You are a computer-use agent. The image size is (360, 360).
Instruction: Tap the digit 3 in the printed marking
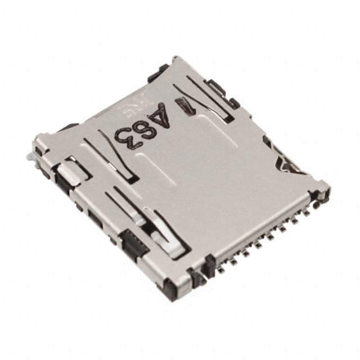(125, 136)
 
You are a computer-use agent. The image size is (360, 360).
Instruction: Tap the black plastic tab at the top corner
(157, 73)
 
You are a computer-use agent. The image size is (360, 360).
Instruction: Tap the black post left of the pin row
(209, 265)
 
